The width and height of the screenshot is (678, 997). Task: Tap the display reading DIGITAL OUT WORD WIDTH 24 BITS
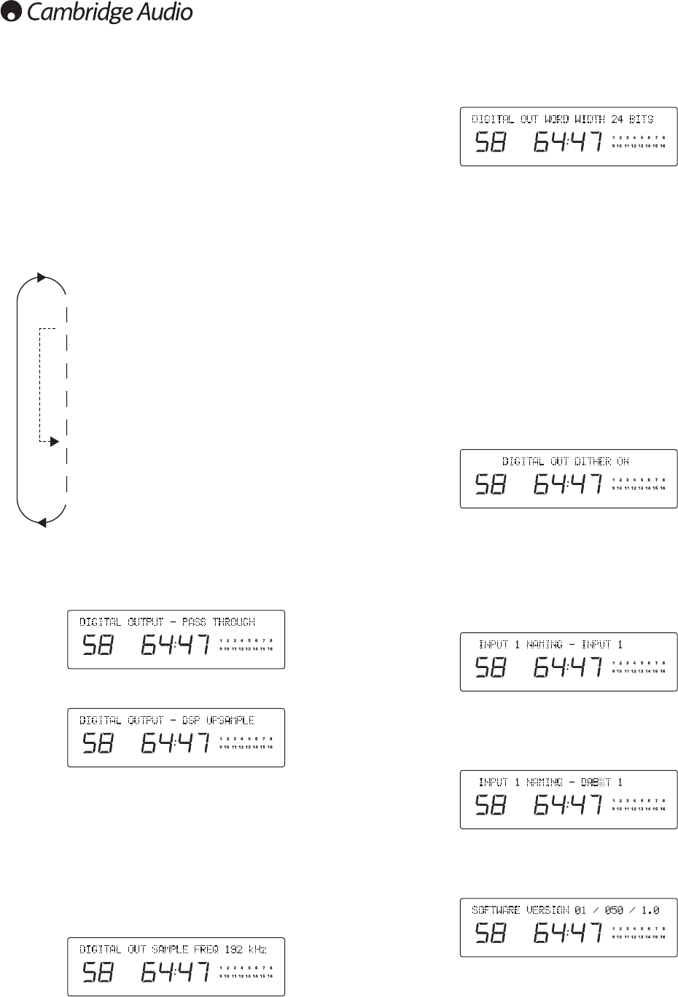[x=562, y=119]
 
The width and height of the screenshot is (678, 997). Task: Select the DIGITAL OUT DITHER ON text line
[x=566, y=462]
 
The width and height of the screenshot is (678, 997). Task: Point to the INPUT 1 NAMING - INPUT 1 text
[x=550, y=645]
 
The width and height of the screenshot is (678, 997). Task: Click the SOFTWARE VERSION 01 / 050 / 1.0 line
[x=565, y=910]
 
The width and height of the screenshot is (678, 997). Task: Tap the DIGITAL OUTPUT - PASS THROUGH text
[x=167, y=622]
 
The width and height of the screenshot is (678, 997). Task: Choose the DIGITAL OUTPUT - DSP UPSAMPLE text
[x=167, y=721]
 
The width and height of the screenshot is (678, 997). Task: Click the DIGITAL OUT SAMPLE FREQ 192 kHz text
[x=173, y=950]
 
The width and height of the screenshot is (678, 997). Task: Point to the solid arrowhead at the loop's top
[x=41, y=277]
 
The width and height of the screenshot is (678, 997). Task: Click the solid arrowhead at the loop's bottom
[x=42, y=522]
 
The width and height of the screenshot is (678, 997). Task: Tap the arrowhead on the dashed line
[x=53, y=441]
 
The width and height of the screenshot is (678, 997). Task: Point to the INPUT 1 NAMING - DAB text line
[x=550, y=783]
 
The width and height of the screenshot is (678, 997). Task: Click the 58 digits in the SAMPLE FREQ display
[x=97, y=973]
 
